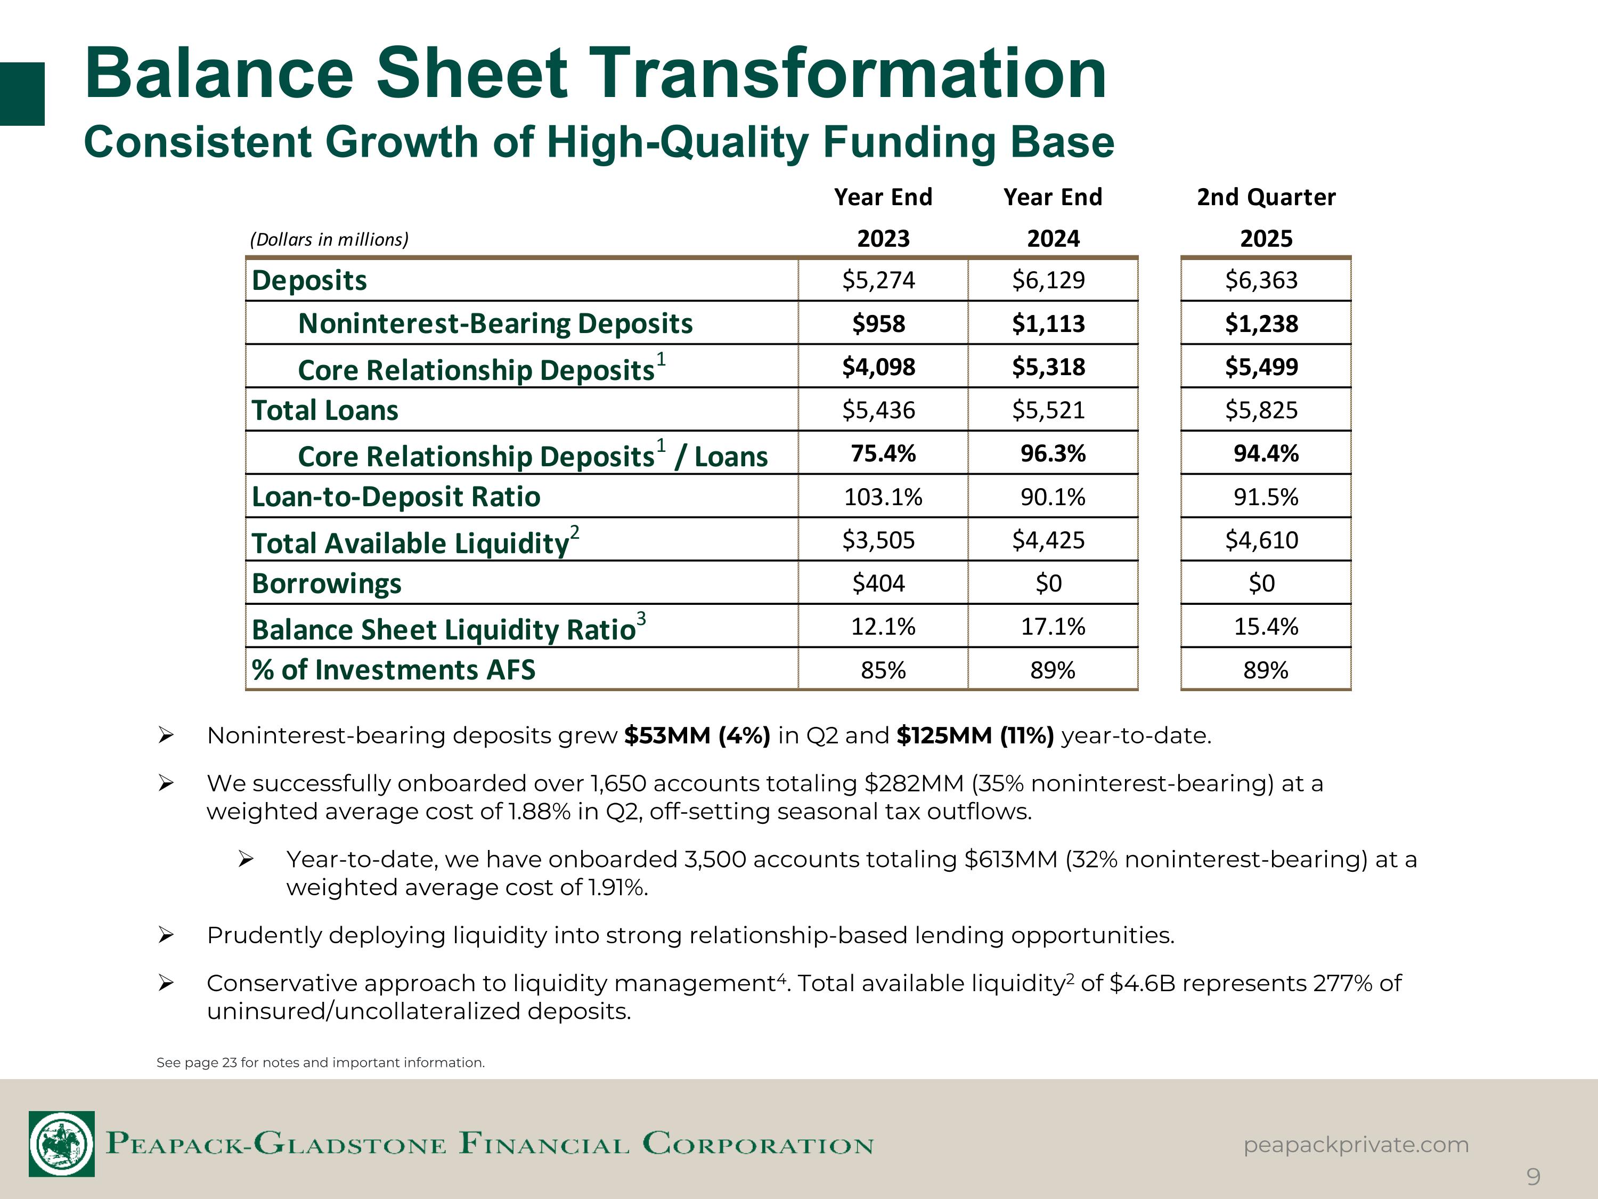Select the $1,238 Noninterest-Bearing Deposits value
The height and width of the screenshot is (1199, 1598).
1261,323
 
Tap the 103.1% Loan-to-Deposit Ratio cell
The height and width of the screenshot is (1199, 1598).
883,497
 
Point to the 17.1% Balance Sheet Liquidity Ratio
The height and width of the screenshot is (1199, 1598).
1053,627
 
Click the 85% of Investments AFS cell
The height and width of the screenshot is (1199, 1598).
883,670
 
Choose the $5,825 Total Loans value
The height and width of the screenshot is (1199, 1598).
1261,410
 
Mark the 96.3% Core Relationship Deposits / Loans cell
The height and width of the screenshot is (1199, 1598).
1053,453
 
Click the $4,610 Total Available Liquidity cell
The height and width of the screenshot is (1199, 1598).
1261,540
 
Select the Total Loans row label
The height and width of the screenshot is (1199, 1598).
325,410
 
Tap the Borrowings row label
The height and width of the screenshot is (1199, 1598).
327,583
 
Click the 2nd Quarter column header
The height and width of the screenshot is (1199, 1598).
1266,197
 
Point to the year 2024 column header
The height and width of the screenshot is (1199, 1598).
1053,239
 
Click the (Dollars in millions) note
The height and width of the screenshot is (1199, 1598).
329,239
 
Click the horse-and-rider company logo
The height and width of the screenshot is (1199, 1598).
61,1144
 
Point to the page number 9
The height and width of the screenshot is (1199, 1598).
1533,1177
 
